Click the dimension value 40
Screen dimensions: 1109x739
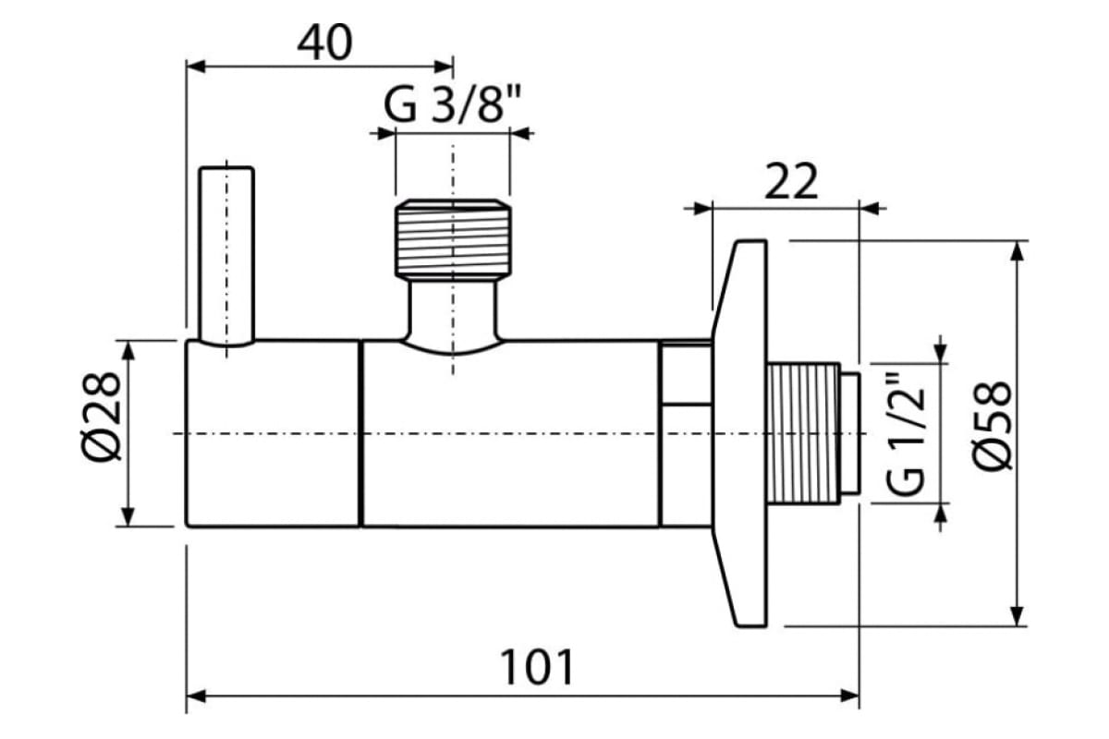(x=324, y=42)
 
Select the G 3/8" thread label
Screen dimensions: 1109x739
(x=452, y=104)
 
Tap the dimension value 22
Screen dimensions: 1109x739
(x=791, y=181)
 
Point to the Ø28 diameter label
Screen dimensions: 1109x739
(x=102, y=417)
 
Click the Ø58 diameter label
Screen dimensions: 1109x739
(x=993, y=425)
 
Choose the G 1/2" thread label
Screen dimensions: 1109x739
(x=905, y=433)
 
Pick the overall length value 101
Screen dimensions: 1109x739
(x=537, y=667)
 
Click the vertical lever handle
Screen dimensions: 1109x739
(x=226, y=255)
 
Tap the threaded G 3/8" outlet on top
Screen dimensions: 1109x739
(x=453, y=238)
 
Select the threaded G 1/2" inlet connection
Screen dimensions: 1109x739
(x=802, y=433)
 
